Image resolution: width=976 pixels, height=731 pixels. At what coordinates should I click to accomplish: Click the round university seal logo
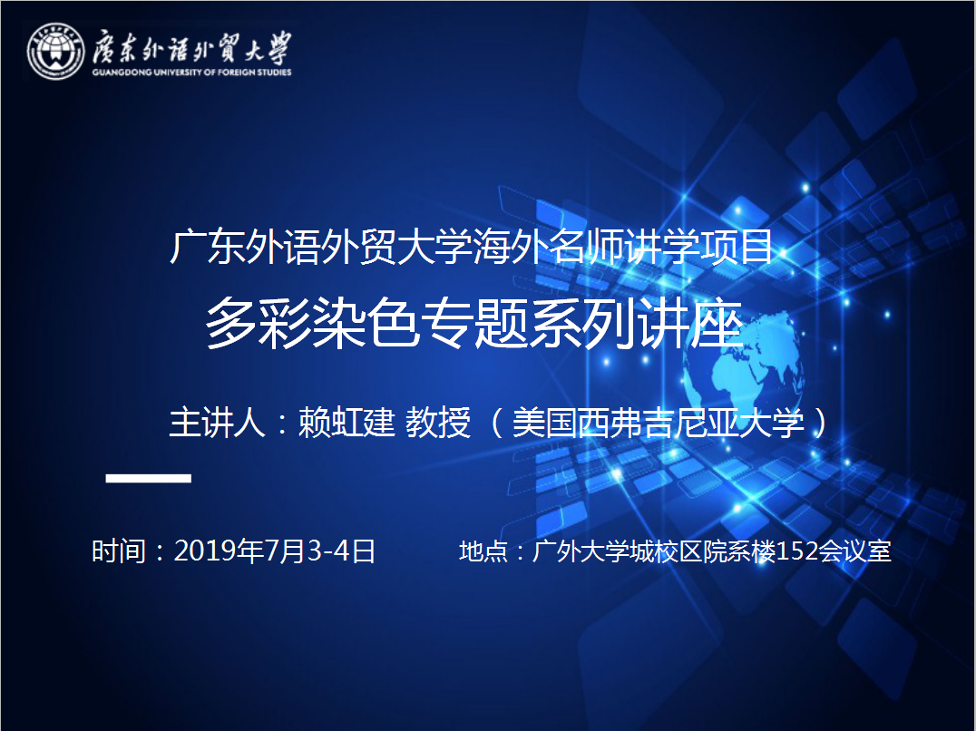point(55,52)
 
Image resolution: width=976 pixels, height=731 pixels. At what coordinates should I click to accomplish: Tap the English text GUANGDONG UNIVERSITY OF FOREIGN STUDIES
point(191,73)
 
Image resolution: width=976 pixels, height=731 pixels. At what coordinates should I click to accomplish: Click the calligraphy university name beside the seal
point(191,46)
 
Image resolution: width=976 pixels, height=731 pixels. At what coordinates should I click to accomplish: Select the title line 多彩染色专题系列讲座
point(474,324)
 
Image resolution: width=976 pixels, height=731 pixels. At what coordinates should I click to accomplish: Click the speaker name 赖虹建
point(346,423)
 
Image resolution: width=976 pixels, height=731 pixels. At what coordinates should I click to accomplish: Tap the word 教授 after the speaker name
point(438,423)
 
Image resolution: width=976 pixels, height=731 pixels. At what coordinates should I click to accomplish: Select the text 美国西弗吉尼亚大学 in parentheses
point(658,423)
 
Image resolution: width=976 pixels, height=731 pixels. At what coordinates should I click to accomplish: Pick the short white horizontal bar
point(148,478)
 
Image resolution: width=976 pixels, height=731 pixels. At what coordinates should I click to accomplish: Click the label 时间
point(119,551)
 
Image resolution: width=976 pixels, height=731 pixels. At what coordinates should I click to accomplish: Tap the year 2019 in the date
point(200,551)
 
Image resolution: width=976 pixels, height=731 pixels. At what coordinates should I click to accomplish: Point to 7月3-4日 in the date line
point(321,551)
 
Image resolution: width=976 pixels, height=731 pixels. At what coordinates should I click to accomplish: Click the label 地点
point(483,551)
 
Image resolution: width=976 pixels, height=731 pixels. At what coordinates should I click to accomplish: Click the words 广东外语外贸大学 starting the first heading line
point(320,247)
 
